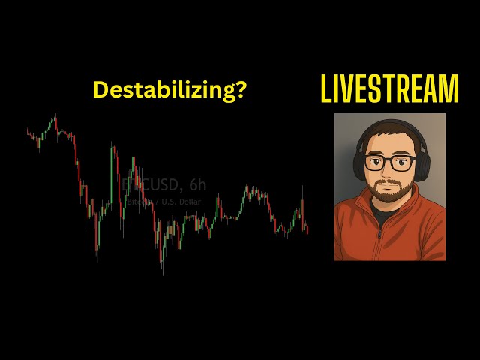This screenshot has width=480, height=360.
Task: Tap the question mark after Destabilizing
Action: point(240,90)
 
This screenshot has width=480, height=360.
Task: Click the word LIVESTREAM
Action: point(389,89)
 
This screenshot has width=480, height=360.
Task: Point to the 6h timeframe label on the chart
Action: point(197,184)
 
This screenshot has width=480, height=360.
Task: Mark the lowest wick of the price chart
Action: point(163,273)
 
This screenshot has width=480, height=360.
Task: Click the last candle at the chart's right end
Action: point(307,231)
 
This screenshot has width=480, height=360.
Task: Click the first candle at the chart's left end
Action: point(28,133)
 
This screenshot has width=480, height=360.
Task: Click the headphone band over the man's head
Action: point(390,123)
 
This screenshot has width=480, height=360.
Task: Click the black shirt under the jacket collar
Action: point(384,217)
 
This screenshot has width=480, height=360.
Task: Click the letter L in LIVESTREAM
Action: point(325,89)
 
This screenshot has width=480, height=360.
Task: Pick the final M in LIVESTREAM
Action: point(448,89)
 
